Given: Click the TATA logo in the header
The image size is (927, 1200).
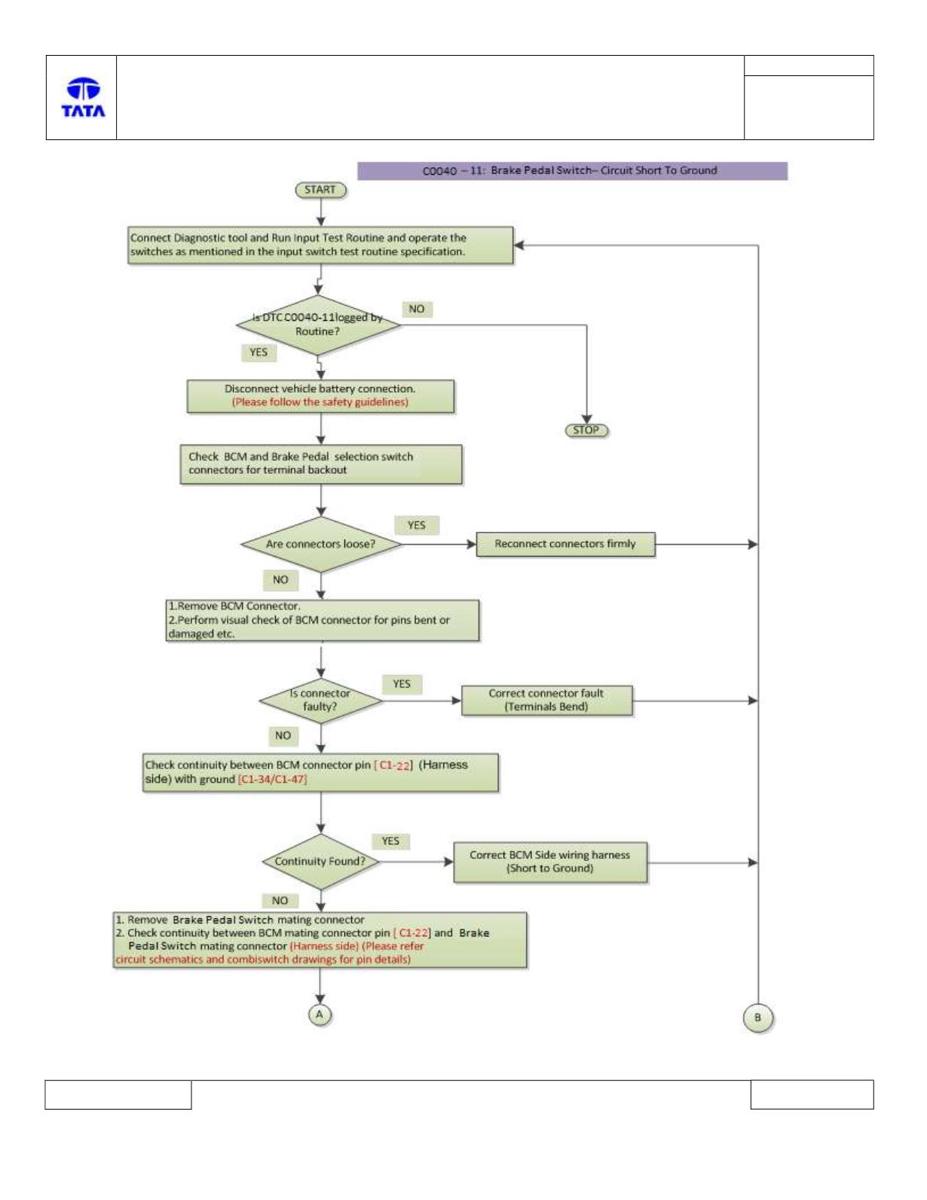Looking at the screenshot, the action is pos(83,97).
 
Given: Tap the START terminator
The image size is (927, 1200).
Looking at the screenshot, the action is pos(320,190).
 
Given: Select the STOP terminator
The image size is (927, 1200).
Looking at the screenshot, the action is pos(586,430).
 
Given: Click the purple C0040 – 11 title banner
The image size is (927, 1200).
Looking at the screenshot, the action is pos(572,171).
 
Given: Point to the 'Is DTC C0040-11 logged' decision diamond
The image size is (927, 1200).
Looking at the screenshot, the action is pos(318,325).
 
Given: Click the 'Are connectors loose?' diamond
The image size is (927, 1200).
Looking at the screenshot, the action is pos(321,545).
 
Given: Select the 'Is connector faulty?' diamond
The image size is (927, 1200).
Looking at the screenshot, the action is pos(320,701).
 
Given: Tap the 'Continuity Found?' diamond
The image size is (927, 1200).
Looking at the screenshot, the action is pos(320,862).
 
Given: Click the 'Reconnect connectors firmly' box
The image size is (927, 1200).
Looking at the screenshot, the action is pos(565,545).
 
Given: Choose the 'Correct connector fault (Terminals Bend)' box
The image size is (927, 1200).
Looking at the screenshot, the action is pos(546,701).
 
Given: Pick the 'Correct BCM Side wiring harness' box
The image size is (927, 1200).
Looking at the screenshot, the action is pos(549,862).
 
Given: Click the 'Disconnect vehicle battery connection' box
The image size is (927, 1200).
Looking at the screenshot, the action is pos(320,396).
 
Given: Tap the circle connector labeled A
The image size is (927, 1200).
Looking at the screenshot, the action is pos(320,1015).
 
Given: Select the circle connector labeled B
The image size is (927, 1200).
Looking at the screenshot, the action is pos(757,1017).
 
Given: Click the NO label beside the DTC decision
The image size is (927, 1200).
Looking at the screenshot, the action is pos(417,310).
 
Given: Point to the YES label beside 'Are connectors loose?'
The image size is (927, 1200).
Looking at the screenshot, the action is pos(417,525).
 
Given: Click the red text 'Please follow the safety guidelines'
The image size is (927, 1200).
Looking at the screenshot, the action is pos(320,402).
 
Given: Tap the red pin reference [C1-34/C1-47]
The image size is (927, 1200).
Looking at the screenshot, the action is pos(272,779).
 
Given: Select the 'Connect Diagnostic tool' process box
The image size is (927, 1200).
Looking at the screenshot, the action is pos(320,245).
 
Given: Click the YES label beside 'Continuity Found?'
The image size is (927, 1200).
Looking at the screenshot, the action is pos(390,841).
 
